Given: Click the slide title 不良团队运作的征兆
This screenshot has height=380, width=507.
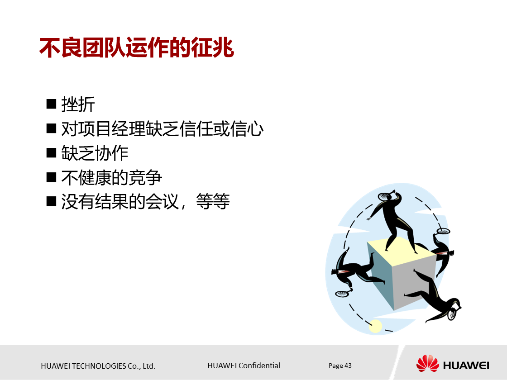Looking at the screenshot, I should [x=136, y=48].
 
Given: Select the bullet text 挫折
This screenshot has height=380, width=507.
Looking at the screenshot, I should [x=78, y=105].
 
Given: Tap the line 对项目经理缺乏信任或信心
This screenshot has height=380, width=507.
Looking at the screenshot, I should [x=162, y=129].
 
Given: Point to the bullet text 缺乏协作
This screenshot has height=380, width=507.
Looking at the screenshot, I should [x=95, y=153].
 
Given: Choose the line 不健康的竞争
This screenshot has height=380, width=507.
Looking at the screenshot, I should [x=111, y=177].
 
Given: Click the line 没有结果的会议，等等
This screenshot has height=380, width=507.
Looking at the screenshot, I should [x=145, y=201].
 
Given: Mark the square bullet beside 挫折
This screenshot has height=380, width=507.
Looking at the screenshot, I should [x=51, y=104].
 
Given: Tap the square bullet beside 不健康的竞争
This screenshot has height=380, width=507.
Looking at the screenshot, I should [x=51, y=177].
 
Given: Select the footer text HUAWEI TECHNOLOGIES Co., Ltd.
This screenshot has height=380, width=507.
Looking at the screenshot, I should [x=98, y=366].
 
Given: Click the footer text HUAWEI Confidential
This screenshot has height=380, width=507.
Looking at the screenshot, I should [x=244, y=366].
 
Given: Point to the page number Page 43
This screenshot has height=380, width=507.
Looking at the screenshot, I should [x=340, y=366].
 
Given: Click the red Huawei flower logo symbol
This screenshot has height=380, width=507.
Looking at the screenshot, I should [x=427, y=364].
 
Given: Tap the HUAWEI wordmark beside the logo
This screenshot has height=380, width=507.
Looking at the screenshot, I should [x=466, y=365].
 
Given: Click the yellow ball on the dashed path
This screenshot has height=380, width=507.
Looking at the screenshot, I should [x=375, y=326].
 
